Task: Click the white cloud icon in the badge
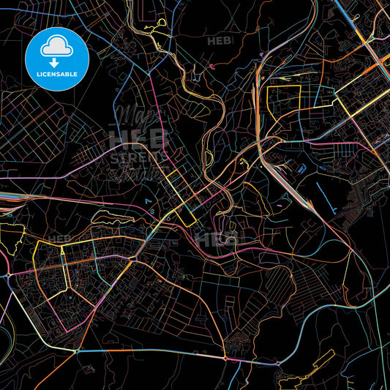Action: [x=56, y=46]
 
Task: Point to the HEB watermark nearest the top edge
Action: [x=221, y=41]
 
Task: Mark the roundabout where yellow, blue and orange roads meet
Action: [x=76, y=350]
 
